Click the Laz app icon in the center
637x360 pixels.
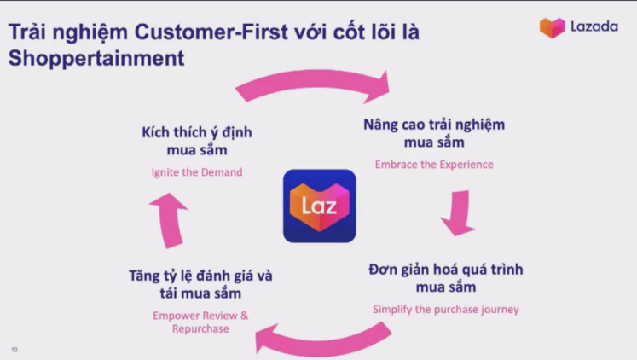[x=319, y=206]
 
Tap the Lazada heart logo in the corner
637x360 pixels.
[x=552, y=27]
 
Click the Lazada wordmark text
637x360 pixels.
[x=594, y=26]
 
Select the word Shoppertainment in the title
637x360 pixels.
[x=96, y=58]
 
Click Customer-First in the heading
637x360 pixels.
[x=211, y=32]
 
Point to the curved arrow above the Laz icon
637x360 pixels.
[x=313, y=81]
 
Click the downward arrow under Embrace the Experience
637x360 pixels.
[x=459, y=212]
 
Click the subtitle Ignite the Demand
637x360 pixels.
[x=197, y=172]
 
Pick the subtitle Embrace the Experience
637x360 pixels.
[x=434, y=165]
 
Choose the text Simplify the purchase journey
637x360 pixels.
[x=446, y=310]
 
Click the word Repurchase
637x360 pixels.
[x=200, y=328]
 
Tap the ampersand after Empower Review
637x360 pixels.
[x=244, y=316]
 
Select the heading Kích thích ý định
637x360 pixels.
[x=197, y=132]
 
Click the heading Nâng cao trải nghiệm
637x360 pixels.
[x=434, y=125]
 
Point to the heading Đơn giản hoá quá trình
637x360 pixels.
[x=446, y=270]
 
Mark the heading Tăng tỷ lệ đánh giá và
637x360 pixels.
[x=200, y=276]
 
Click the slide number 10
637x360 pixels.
[x=14, y=350]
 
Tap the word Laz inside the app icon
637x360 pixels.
[x=319, y=206]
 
